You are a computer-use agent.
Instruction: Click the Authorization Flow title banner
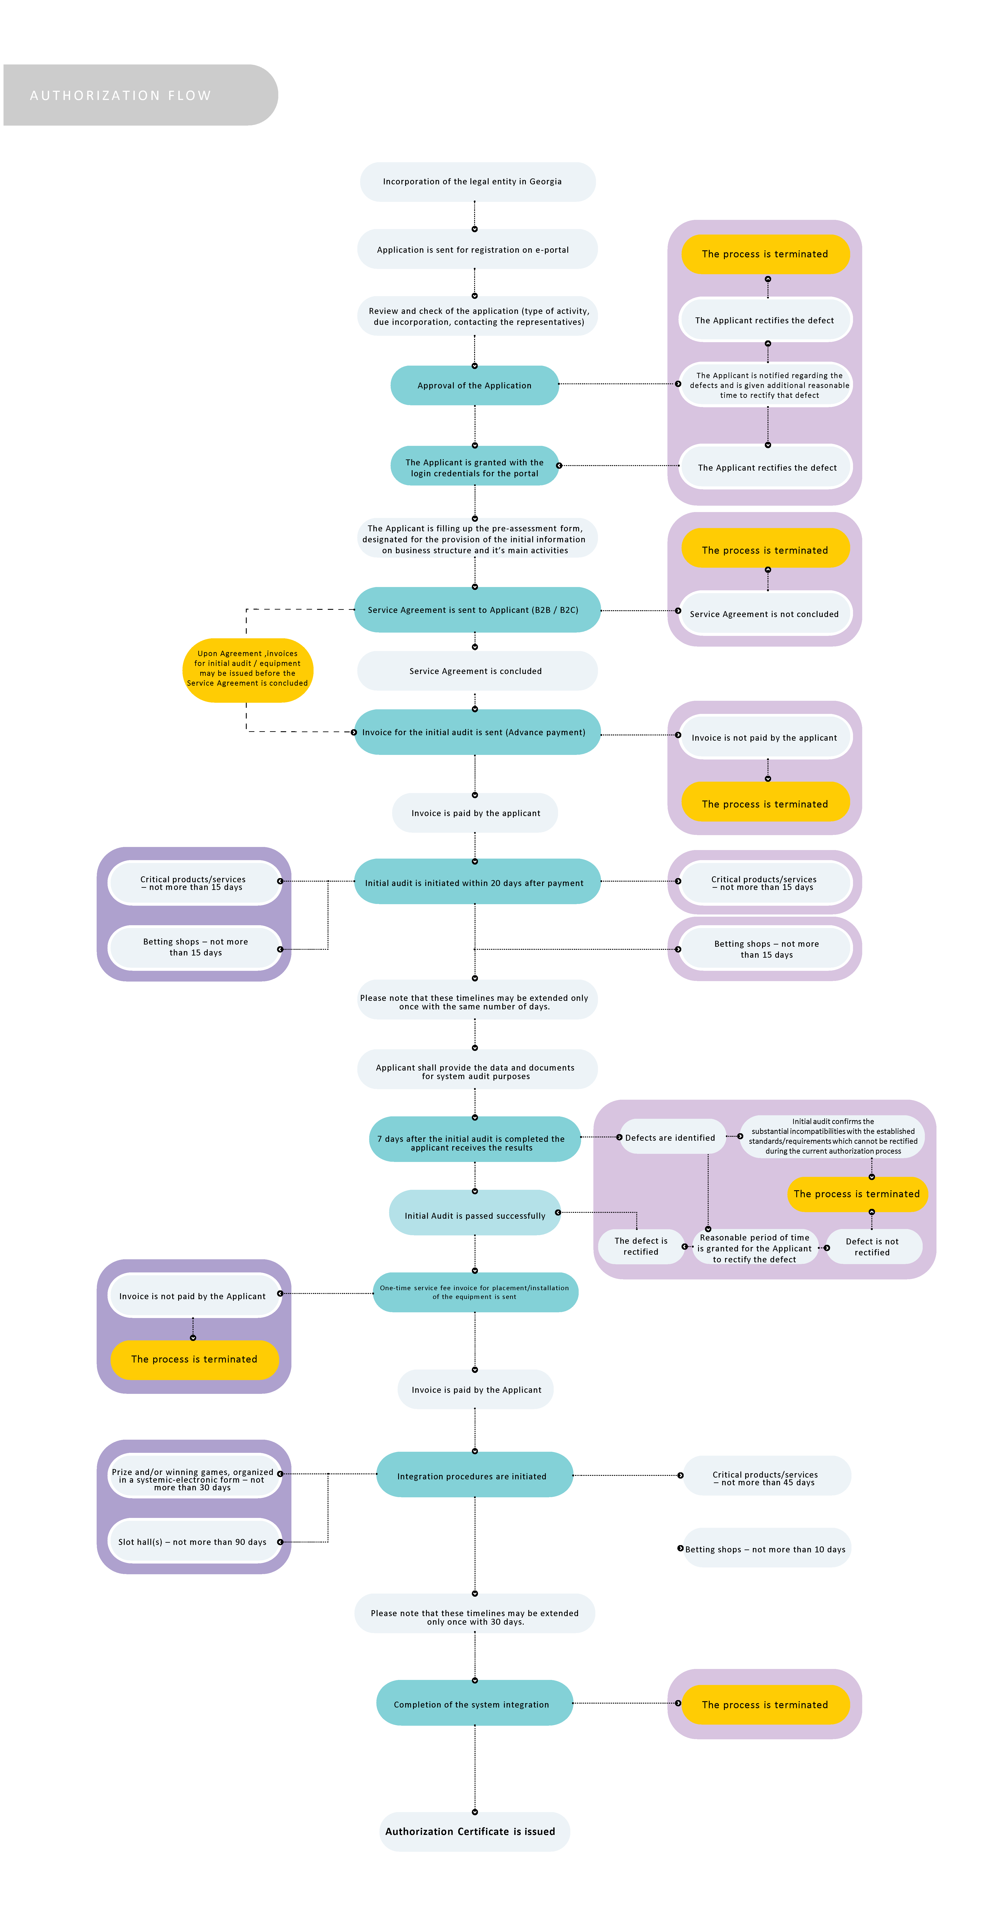point(141,95)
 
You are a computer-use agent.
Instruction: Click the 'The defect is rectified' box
point(641,1247)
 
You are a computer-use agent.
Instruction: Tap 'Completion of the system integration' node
point(475,1704)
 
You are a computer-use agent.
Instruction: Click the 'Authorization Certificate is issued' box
point(475,1832)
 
